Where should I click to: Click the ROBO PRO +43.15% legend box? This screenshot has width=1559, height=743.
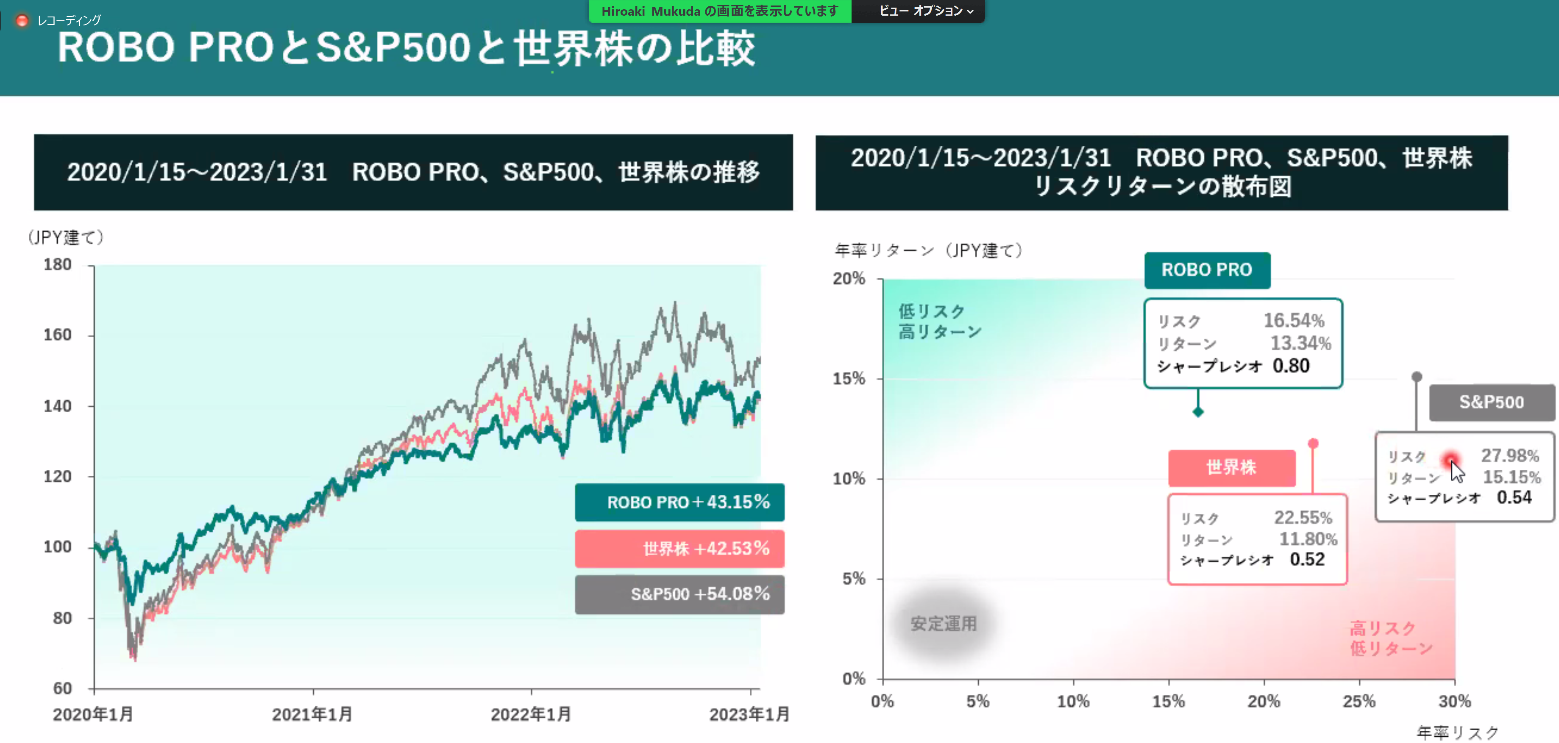679,502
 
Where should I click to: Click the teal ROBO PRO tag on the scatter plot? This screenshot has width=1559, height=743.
1207,270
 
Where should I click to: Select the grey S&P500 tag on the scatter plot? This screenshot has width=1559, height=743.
1491,402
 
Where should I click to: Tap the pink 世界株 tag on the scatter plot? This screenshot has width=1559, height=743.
1232,468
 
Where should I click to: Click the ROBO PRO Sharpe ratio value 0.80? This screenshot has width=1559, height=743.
1291,366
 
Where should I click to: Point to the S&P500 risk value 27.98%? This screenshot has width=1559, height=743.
1509,456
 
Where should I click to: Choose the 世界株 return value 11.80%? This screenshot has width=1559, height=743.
1308,539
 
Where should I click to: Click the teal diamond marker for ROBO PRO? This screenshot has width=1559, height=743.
1198,412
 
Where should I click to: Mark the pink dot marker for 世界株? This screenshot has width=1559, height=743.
1313,444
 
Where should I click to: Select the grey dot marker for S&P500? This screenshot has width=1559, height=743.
1417,376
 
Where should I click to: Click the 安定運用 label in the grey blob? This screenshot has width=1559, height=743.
944,624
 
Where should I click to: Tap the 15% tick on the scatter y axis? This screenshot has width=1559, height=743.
849,379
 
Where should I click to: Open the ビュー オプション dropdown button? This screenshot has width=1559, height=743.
925,11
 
